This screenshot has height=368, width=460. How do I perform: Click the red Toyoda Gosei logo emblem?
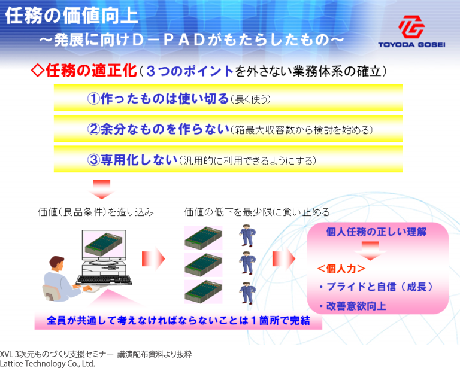pos(411,27)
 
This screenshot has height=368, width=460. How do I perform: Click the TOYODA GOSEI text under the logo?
pos(411,45)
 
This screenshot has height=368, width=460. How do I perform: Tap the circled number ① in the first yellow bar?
pos(93,99)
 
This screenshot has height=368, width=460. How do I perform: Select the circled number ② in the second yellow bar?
pos(93,129)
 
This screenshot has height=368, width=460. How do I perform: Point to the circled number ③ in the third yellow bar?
pos(93,160)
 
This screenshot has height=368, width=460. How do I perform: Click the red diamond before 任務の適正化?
pos(38,71)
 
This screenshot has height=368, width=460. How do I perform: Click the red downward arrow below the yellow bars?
pos(101,190)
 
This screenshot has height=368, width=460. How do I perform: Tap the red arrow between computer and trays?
pos(153,258)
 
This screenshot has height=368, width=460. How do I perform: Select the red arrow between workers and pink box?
pos(284,258)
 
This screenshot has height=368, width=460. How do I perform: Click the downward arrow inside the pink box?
pos(370,251)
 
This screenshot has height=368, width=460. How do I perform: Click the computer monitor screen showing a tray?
pos(104,244)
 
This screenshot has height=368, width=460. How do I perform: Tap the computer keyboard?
pos(104,281)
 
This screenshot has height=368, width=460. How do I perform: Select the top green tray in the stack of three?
pos(203,238)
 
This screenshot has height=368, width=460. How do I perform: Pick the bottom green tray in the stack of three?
pos(203,292)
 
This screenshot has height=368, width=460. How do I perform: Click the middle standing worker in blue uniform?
pos(247,263)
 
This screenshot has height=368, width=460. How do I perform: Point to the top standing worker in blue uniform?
pos(247,235)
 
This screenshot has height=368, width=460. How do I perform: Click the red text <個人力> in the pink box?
pos(341,269)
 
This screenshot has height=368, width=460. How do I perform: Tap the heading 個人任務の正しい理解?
pos(376,232)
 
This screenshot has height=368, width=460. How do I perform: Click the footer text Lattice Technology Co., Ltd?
pos(47,364)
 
